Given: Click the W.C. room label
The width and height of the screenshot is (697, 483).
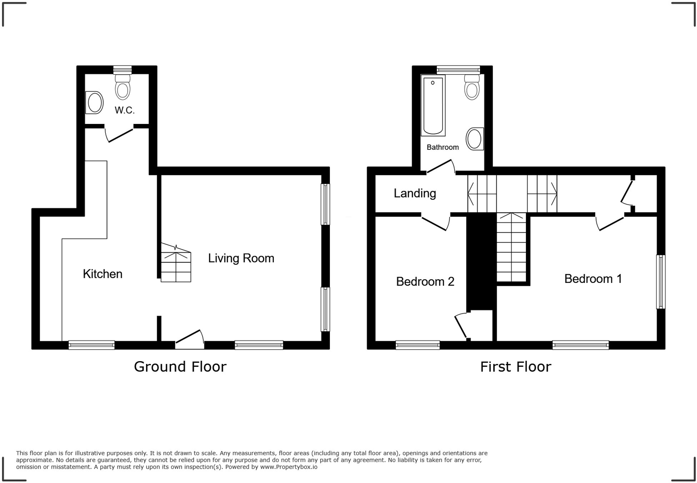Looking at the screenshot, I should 125,110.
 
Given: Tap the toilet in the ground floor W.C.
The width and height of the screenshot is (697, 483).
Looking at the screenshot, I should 122,88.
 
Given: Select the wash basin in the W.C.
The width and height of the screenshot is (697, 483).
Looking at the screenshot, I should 95,103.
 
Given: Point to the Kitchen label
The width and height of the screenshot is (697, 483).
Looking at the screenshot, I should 102,274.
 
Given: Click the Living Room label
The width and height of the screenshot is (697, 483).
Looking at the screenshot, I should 241,258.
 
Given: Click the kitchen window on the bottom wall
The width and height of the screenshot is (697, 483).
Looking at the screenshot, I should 91,345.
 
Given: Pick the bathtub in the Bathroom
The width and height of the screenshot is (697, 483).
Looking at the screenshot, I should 433,106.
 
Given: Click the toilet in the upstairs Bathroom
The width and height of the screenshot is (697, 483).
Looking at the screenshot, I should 472,88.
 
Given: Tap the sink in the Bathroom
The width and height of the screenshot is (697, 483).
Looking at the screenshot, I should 475,139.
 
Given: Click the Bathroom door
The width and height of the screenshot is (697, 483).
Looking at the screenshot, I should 441,166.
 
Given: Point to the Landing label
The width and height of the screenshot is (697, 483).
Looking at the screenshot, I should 415,193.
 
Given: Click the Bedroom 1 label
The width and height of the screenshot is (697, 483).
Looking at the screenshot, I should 593,279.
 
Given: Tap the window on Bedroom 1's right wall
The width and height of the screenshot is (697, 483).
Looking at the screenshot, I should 661,282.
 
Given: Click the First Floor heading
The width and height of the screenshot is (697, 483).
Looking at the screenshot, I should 515,367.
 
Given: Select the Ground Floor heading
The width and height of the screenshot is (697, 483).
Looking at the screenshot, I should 180,367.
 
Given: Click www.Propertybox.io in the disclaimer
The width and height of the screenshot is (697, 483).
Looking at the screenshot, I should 289,467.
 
